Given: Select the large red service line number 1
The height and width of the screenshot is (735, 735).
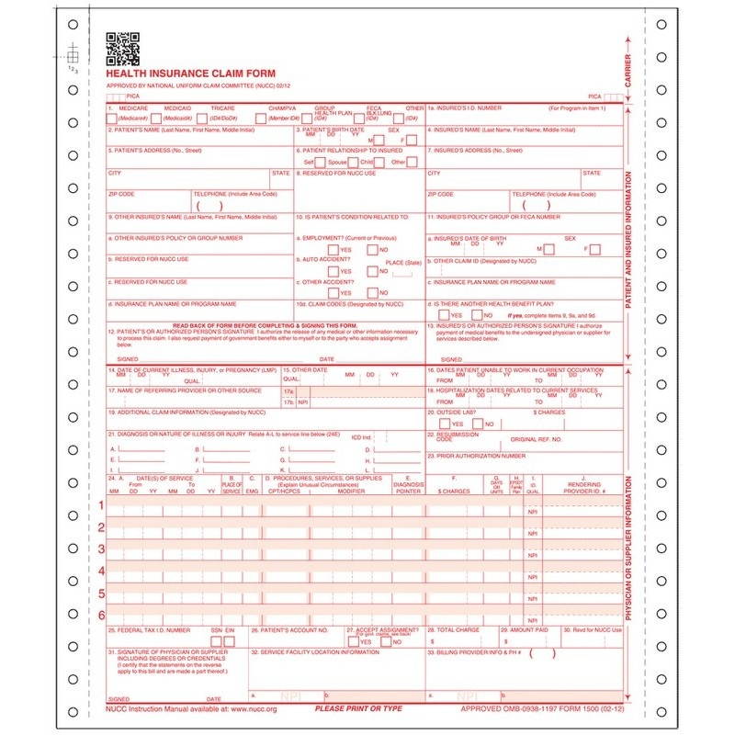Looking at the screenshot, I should [101, 506].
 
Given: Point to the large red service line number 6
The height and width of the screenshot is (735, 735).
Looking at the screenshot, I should [101, 614].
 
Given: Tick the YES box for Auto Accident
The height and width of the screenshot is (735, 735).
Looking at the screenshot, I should [334, 271].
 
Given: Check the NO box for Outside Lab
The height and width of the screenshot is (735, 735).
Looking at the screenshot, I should [477, 424].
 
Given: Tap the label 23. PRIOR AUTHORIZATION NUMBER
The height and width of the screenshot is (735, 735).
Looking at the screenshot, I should [476, 455].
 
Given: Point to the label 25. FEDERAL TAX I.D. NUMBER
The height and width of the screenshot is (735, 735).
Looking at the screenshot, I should [149, 630].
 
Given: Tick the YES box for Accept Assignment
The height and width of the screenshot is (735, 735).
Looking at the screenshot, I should [354, 641].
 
